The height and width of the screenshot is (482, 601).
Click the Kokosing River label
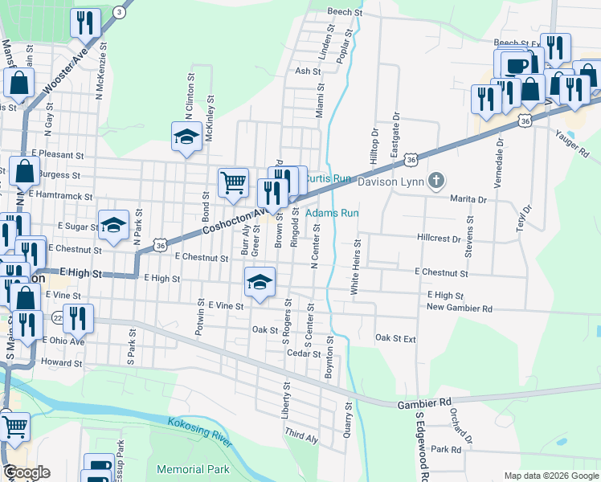click(x=200, y=432)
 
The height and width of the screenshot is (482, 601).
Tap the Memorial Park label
click(x=193, y=469)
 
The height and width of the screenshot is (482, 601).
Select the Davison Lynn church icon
click(x=436, y=179)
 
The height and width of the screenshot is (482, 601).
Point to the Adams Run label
click(x=332, y=213)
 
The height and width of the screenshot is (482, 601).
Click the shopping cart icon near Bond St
click(x=233, y=182)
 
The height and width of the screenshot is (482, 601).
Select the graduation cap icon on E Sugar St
click(x=113, y=224)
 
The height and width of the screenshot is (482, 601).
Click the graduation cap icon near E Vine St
click(x=259, y=282)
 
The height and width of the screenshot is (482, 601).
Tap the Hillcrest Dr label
click(x=439, y=239)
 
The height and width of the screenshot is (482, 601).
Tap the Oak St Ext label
click(x=396, y=339)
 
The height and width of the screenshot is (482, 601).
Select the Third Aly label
click(x=301, y=436)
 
